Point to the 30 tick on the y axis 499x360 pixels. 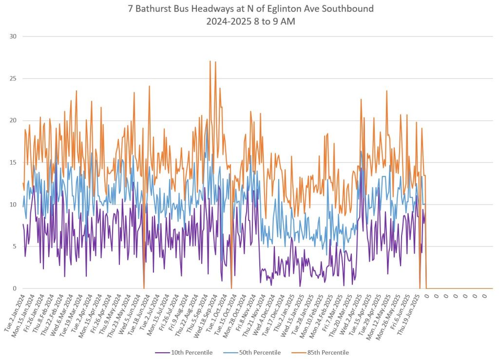pyautogui.click(x=13, y=37)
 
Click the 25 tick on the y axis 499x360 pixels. pyautogui.click(x=13, y=78)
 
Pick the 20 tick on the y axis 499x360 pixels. pyautogui.click(x=13, y=120)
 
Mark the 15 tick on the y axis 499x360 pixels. pyautogui.click(x=13, y=162)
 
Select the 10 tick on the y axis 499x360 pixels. pyautogui.click(x=13, y=205)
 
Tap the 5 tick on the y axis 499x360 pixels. pyautogui.click(x=15, y=246)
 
